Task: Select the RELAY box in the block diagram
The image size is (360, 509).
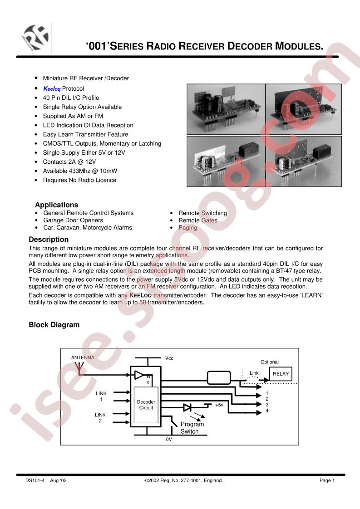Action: click(x=281, y=374)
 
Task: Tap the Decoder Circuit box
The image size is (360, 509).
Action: click(x=146, y=405)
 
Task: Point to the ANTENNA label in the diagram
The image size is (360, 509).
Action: click(x=83, y=357)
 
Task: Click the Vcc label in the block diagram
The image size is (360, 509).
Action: click(x=169, y=358)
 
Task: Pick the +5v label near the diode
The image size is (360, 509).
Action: click(x=219, y=405)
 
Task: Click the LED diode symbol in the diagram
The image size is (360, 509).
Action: click(x=187, y=407)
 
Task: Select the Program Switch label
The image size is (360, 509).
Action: click(x=192, y=428)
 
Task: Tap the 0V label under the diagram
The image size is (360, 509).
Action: click(x=169, y=440)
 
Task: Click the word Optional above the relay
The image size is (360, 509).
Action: click(x=270, y=362)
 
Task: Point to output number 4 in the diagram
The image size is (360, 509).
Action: click(x=267, y=411)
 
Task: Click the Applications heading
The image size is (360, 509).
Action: click(x=56, y=205)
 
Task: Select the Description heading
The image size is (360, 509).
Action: click(x=49, y=239)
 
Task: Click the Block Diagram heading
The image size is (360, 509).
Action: click(x=54, y=325)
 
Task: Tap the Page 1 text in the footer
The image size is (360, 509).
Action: click(x=327, y=480)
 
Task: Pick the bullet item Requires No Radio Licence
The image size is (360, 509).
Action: click(x=79, y=180)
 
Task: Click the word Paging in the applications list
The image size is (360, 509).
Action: click(x=187, y=228)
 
